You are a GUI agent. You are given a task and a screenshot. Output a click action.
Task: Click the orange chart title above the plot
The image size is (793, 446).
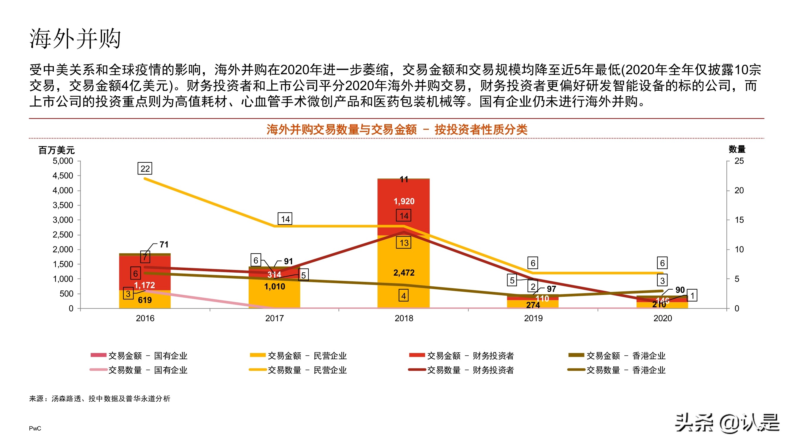click(x=396, y=129)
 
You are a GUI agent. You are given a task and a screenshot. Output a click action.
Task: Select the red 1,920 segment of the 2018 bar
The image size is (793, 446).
click(x=404, y=201)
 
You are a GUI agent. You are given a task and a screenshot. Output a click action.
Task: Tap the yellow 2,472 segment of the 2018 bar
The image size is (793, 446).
click(x=404, y=273)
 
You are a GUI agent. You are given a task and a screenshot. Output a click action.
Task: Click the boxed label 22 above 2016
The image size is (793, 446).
click(x=145, y=169)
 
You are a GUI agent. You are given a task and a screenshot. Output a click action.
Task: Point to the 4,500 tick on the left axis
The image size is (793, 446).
click(x=63, y=176)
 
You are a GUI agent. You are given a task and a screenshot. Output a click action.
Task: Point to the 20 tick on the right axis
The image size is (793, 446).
click(x=739, y=191)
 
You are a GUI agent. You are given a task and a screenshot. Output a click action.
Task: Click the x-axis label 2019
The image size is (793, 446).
click(x=533, y=318)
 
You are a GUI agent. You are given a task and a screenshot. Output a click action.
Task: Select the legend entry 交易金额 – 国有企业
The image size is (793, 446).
click(x=139, y=356)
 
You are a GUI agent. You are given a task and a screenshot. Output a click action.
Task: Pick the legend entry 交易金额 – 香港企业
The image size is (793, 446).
click(x=617, y=356)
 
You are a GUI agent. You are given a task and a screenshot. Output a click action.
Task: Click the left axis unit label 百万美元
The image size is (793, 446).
click(x=56, y=150)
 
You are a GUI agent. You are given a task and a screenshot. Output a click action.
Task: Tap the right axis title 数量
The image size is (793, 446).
click(x=737, y=149)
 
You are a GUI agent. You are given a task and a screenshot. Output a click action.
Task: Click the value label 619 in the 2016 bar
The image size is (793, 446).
click(x=145, y=300)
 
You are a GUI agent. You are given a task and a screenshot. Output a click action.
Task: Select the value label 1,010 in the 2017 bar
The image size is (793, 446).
click(x=274, y=287)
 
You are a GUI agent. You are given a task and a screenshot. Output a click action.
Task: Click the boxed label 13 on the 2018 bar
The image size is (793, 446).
click(x=404, y=243)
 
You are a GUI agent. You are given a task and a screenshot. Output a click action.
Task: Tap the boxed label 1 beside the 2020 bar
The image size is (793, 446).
click(x=692, y=296)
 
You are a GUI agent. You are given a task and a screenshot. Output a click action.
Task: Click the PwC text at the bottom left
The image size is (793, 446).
click(x=35, y=428)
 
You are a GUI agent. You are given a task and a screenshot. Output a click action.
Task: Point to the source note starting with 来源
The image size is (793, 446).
click(x=99, y=399)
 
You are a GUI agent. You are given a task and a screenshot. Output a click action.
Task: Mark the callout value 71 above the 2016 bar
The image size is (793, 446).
click(x=164, y=245)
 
